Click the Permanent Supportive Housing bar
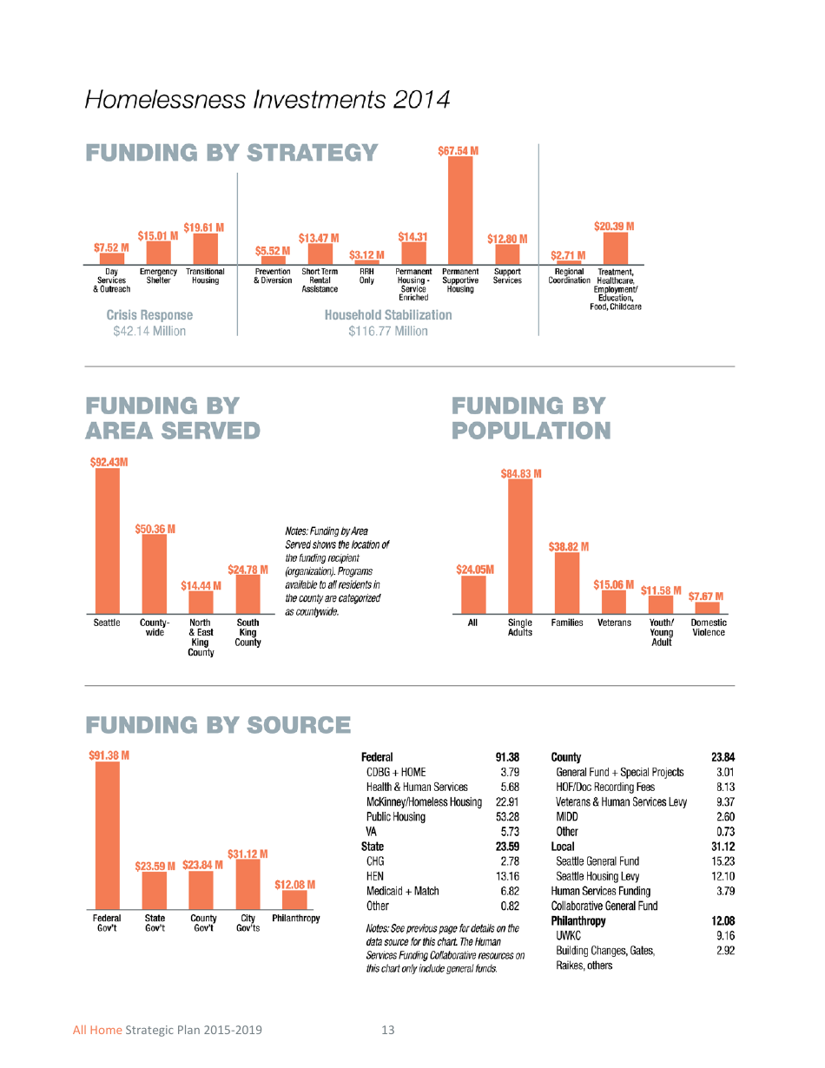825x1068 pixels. point(460,210)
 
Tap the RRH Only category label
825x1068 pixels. point(366,276)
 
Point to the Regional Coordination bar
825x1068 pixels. point(569,262)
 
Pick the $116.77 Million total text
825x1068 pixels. point(387,331)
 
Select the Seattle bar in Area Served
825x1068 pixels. point(108,541)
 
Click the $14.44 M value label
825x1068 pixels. point(201,585)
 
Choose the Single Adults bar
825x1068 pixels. point(520,546)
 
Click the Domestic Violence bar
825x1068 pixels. point(707,608)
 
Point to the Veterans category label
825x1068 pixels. point(614,623)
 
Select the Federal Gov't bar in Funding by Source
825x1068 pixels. point(108,836)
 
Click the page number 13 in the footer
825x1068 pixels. point(387,1030)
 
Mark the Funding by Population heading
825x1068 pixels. point(531,418)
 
